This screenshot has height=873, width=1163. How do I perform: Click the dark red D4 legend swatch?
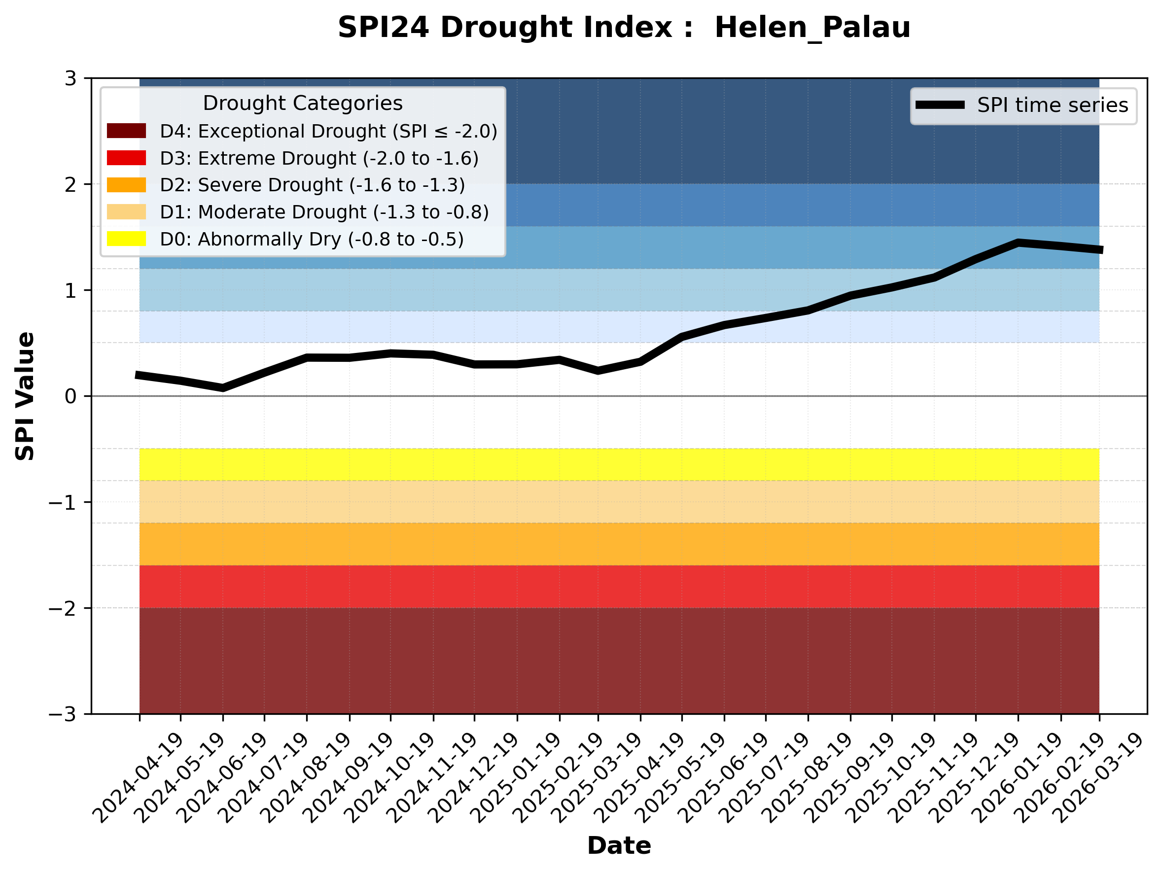point(126,131)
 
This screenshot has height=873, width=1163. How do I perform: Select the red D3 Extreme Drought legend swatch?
point(126,158)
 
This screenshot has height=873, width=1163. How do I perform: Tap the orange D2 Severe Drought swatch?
point(126,185)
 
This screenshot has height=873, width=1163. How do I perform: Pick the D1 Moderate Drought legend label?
point(324,212)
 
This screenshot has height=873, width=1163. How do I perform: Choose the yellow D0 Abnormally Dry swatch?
point(126,239)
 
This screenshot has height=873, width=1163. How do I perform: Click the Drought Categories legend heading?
point(302,104)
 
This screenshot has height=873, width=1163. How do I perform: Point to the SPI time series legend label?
point(1052,105)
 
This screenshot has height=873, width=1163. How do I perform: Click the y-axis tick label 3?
point(70,79)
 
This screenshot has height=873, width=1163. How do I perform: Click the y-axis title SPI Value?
point(25,396)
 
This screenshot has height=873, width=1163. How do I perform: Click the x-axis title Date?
point(619,846)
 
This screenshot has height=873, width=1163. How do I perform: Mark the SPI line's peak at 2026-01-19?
point(1018,243)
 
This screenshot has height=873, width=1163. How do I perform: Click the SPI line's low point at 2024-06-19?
point(223,388)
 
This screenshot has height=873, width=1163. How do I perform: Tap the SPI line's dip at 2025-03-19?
point(598,371)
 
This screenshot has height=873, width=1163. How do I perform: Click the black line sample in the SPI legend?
point(940,105)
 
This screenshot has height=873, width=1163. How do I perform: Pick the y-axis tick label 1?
point(70,291)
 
